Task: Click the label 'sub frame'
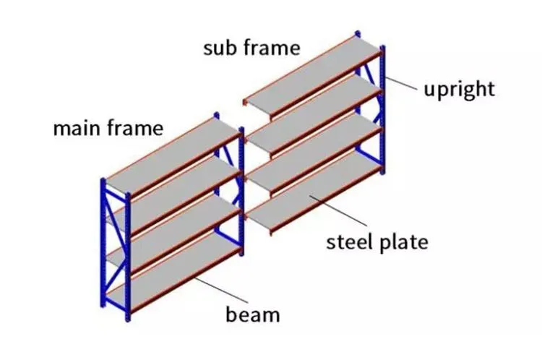click(x=251, y=49)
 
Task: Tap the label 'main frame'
click(x=108, y=129)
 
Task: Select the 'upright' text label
click(x=459, y=89)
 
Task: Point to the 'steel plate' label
click(x=377, y=241)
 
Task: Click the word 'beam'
click(x=252, y=314)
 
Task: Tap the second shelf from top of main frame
click(x=173, y=192)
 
